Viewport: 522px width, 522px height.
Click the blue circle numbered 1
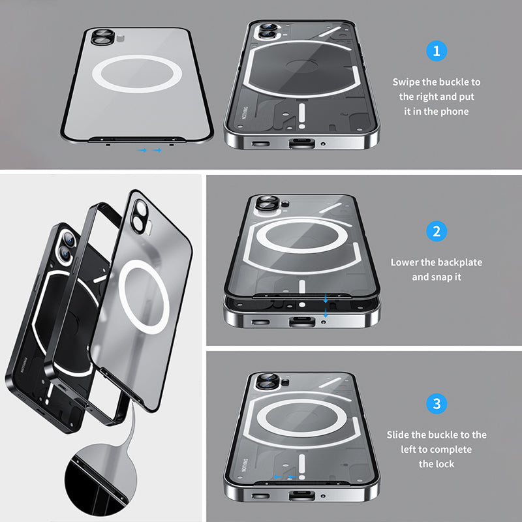[x=437, y=50]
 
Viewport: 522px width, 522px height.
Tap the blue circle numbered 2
[x=437, y=231]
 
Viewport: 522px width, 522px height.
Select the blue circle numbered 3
[x=437, y=403]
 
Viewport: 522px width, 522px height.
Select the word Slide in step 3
[x=398, y=435]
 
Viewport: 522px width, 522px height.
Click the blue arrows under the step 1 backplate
[x=151, y=151]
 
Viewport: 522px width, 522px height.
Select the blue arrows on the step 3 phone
[x=282, y=477]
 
